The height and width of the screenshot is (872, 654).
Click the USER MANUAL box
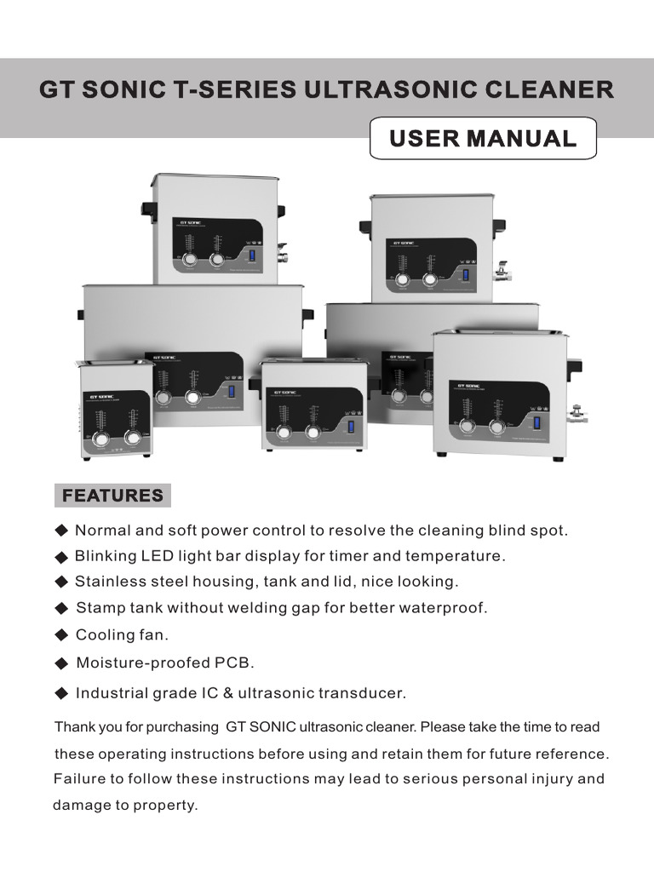point(483,139)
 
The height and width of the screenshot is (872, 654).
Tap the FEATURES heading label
point(112,496)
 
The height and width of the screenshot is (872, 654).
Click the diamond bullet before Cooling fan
point(61,634)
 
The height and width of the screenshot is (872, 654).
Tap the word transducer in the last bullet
point(363,693)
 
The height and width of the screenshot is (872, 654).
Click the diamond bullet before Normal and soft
point(61,531)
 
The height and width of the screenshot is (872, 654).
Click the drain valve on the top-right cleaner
point(503,275)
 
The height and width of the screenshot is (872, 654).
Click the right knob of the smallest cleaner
point(132,438)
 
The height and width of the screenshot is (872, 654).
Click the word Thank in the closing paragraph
point(72,727)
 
